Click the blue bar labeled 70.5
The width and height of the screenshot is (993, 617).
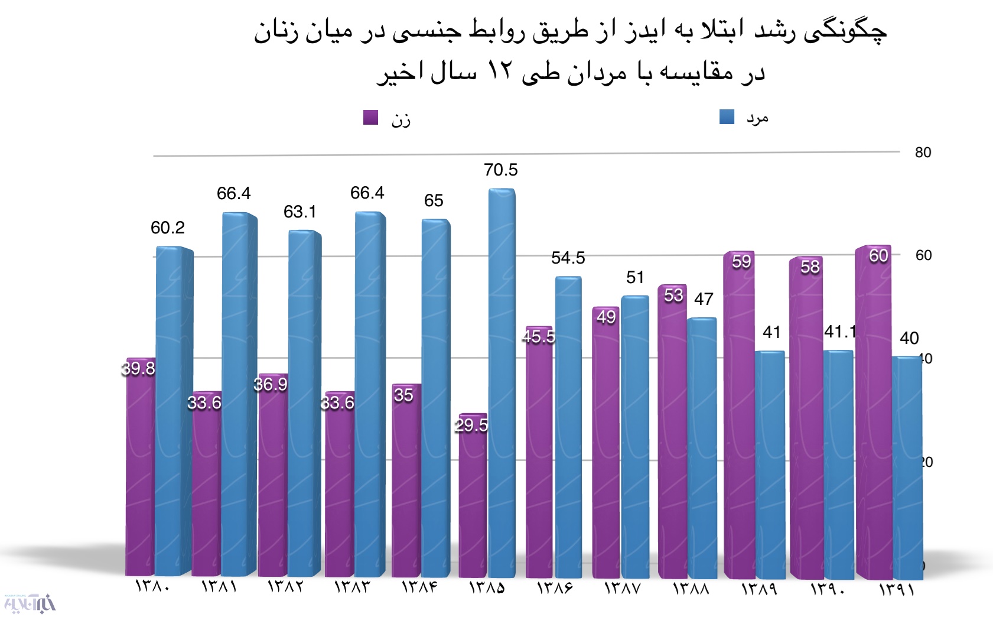(501, 384)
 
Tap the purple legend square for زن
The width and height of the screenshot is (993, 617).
(370, 117)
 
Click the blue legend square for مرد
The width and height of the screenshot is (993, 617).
(727, 116)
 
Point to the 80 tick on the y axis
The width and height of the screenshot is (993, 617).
(923, 152)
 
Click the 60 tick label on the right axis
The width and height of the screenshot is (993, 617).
(923, 255)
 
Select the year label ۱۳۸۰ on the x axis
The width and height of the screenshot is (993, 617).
(152, 587)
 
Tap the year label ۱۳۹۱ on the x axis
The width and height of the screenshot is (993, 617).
(896, 589)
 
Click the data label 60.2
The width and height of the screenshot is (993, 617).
(168, 228)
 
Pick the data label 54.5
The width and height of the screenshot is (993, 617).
(568, 258)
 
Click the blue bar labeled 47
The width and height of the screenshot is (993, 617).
(702, 449)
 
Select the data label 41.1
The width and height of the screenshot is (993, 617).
(839, 332)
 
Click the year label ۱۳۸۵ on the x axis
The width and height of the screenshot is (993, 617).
(487, 587)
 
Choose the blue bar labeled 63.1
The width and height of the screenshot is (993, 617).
(304, 402)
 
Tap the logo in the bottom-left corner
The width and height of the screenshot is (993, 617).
(29, 603)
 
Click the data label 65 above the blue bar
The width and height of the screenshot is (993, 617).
(434, 200)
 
